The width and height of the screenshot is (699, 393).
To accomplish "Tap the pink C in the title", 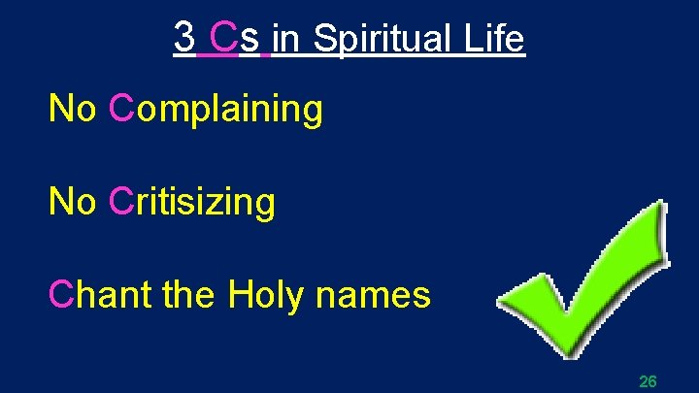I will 222,38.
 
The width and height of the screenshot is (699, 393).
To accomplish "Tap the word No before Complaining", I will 73,110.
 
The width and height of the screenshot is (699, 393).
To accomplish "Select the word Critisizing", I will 192,202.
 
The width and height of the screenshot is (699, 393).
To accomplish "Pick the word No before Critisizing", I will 73,202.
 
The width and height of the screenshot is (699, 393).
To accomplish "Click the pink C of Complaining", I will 120,110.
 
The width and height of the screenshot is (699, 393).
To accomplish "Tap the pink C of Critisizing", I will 120,202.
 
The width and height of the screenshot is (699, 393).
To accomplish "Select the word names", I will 374,293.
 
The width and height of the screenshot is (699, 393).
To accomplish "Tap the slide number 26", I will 648,381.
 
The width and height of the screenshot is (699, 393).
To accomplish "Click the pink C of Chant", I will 60,293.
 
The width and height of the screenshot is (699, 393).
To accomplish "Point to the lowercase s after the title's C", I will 250,41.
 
